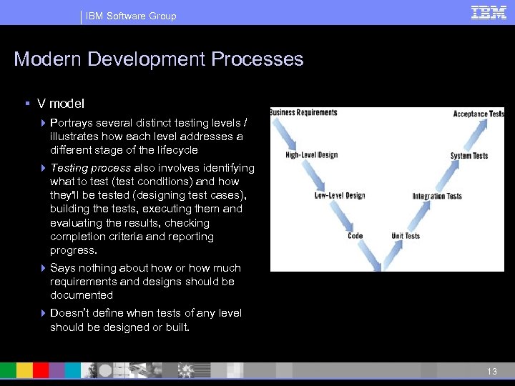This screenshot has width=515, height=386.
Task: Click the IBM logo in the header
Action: [489, 13]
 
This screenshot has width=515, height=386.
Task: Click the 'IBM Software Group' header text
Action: [131, 16]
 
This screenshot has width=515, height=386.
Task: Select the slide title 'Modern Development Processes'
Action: [159, 59]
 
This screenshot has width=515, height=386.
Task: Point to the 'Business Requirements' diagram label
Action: [303, 112]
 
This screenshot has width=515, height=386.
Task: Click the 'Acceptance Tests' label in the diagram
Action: [479, 114]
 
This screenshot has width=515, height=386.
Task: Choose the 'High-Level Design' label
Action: [311, 155]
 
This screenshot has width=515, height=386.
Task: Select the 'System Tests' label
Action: [469, 156]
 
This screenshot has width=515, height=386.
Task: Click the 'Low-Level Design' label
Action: [340, 196]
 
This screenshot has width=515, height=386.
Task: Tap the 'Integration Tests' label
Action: [437, 197]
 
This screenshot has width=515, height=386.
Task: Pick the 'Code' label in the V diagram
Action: [355, 236]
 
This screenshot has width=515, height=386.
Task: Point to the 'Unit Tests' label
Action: [406, 236]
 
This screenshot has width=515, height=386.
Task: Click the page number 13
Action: [491, 372]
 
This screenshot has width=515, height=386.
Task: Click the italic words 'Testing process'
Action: [90, 168]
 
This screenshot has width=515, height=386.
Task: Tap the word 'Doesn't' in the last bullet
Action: [70, 313]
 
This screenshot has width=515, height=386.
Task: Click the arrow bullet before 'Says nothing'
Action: [44, 268]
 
